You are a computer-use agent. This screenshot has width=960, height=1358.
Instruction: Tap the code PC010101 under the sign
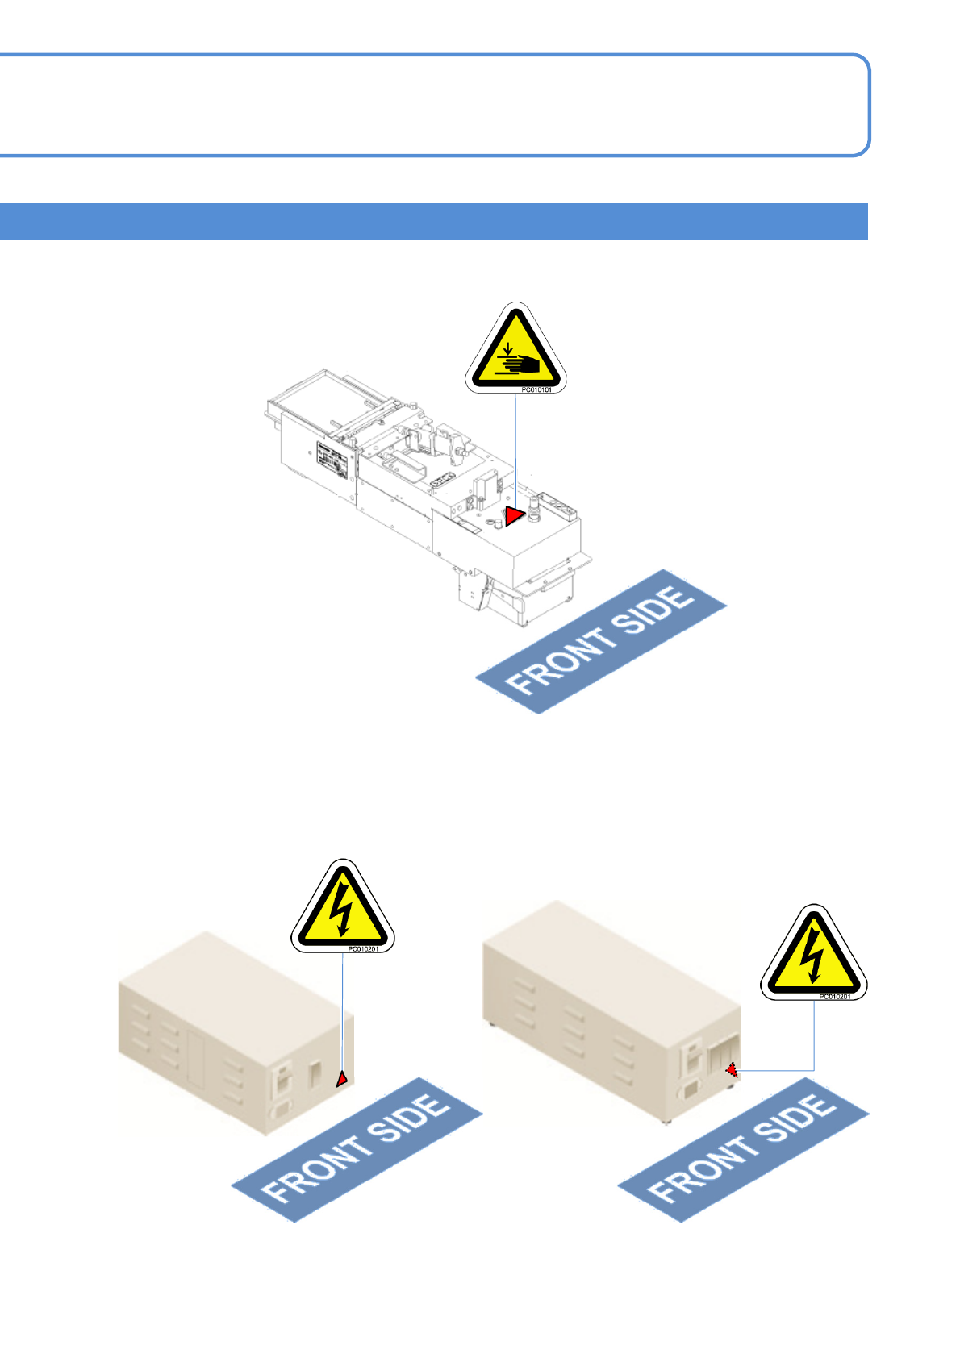coord(536,390)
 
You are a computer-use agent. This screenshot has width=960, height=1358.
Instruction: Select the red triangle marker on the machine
coord(513,516)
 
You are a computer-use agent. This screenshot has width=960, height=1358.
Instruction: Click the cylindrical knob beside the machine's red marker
coord(533,511)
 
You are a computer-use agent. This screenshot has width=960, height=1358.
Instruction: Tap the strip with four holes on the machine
coord(557,507)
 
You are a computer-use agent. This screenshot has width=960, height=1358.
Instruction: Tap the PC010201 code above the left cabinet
coord(363,949)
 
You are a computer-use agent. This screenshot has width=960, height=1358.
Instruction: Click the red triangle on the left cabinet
coord(342,1079)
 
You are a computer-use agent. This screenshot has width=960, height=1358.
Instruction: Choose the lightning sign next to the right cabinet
coord(813,954)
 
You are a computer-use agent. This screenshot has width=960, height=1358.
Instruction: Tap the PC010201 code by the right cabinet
coord(834,997)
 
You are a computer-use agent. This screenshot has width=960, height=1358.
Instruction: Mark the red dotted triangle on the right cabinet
coord(732,1070)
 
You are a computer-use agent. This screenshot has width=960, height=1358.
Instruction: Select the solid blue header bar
coord(433,221)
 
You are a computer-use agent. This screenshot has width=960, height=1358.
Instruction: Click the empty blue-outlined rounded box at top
coord(433,105)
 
